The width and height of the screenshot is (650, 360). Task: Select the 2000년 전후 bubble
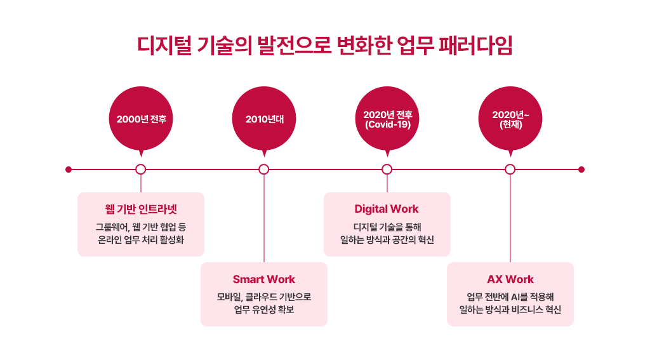141,119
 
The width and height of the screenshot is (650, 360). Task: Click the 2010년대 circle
264,119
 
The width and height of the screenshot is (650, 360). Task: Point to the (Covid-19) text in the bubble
387,125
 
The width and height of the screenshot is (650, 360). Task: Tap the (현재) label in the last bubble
510,125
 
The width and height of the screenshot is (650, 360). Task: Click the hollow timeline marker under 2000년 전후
141,170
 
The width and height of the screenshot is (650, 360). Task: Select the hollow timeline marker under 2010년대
264,170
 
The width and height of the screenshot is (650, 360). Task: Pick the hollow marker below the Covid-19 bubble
387,170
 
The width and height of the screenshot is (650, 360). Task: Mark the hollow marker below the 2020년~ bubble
510,170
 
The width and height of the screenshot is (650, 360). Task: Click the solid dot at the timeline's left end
69,170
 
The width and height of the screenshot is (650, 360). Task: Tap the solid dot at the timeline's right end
581,170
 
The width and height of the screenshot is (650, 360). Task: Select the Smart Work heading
264,279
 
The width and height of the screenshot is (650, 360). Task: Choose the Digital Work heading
387,209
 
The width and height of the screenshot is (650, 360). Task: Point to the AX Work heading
510,279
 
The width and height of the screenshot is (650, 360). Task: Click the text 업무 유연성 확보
264,310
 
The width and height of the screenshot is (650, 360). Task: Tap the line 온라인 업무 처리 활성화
141,240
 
